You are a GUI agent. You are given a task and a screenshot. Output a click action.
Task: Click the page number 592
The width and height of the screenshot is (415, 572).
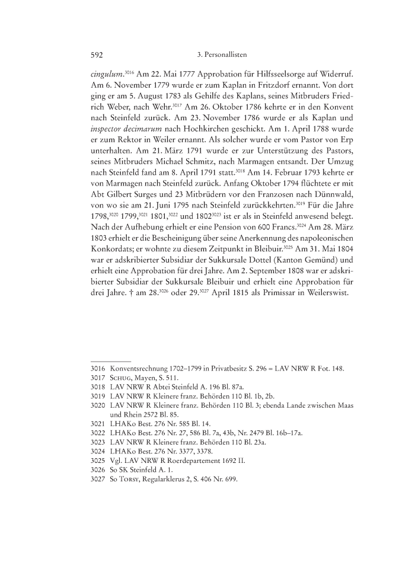97,55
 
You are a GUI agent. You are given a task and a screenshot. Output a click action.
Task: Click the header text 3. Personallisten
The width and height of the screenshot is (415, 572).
221,55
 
